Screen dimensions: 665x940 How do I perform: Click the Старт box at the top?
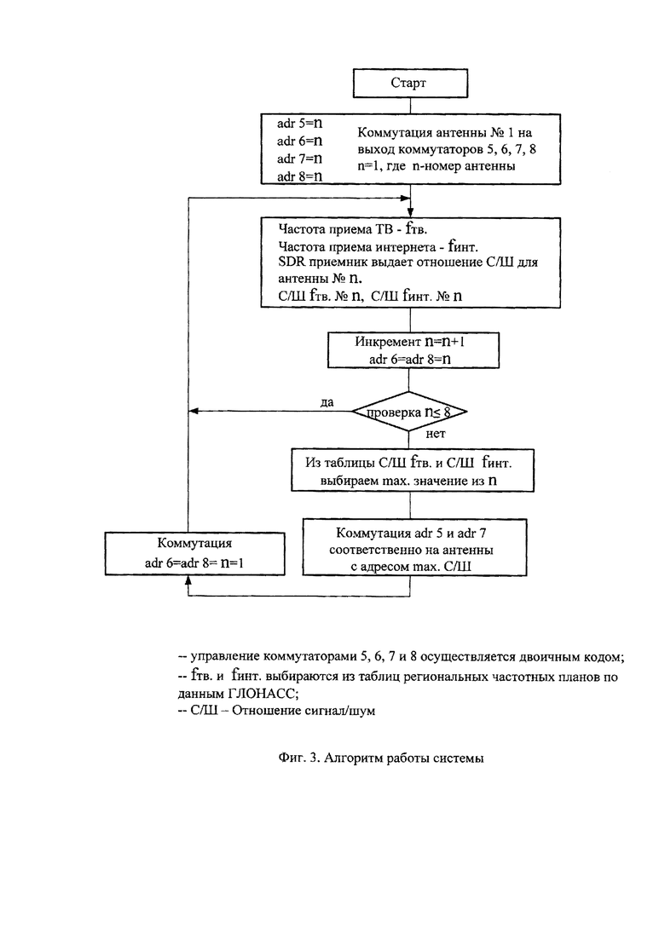coord(410,83)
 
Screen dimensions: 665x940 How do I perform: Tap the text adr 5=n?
coord(299,123)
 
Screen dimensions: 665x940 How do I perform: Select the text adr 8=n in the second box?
coord(299,176)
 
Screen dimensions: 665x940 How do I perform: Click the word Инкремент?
coord(387,342)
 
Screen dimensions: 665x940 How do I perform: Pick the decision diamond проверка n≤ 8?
coord(409,412)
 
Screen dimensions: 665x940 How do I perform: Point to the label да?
coord(327,402)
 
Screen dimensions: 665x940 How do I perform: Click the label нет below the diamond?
coord(436,434)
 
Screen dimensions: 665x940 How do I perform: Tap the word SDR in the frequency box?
coord(291,262)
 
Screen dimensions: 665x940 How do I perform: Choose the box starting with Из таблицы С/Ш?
coord(413,470)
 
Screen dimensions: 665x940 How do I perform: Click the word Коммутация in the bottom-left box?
coord(194,543)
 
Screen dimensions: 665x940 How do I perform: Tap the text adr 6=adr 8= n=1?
coord(194,563)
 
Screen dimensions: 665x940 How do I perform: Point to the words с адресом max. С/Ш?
coord(411,566)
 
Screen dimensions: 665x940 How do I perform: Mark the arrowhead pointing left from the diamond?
coord(193,412)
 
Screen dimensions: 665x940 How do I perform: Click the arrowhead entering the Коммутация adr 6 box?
coord(188,580)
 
